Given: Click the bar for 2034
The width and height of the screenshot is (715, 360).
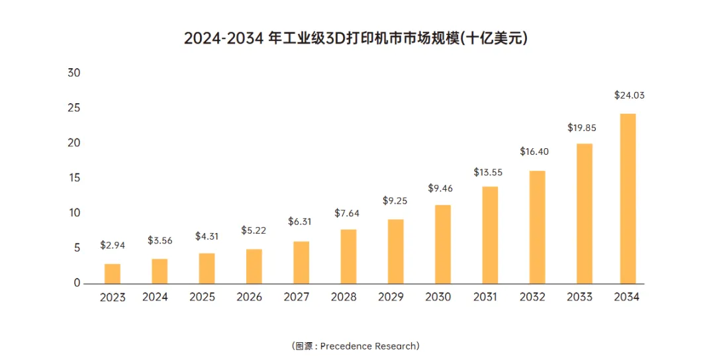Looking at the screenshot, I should [x=627, y=199].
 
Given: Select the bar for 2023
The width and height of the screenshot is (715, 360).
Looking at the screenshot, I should [x=113, y=273].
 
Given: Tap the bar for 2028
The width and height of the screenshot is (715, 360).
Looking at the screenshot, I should [x=348, y=256].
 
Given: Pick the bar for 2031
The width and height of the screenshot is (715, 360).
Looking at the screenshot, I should [x=490, y=235].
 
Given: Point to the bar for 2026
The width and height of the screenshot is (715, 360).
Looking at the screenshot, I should [x=254, y=266].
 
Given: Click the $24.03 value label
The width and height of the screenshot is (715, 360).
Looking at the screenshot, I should [x=629, y=95].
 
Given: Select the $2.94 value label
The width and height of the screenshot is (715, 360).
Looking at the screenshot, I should [x=113, y=245].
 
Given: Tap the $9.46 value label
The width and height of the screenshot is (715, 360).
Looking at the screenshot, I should [x=443, y=189].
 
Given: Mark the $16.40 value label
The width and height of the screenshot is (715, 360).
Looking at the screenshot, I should [x=534, y=152].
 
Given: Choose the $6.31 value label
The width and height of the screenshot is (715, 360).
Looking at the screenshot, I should [x=301, y=222].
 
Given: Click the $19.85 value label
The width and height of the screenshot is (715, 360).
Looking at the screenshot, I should [x=581, y=128].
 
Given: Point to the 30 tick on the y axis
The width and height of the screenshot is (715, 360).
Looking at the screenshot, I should [x=74, y=73].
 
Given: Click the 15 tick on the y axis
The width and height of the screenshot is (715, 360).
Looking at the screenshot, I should [x=74, y=178].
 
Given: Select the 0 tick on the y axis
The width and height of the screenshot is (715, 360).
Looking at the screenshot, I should [x=77, y=283].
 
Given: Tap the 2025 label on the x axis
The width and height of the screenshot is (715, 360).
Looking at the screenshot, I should [x=202, y=297].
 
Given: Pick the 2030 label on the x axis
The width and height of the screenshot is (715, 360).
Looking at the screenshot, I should [x=438, y=297].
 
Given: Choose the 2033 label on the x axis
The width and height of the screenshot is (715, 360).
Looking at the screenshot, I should [x=579, y=297].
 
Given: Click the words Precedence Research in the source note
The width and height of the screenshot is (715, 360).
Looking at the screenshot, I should [x=374, y=346].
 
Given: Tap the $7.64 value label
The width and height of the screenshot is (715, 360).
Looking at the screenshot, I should [x=348, y=212].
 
